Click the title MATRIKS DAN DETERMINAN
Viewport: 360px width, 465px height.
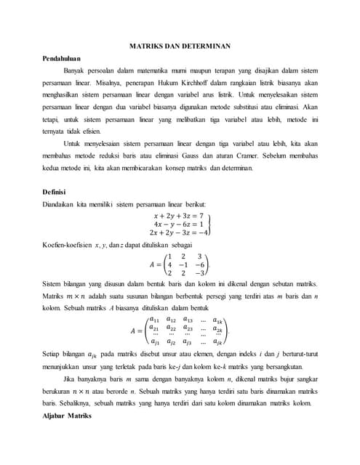point(180,45)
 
